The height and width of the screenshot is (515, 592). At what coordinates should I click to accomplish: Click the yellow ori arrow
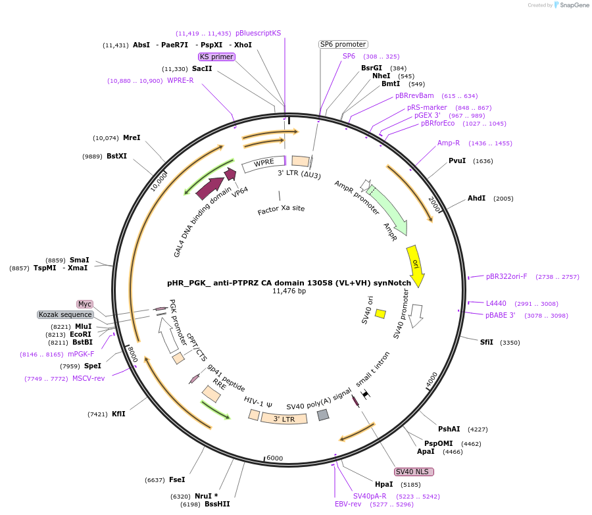416,264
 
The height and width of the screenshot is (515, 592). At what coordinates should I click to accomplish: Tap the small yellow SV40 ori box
380,314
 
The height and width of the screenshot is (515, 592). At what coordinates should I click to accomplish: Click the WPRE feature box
263,164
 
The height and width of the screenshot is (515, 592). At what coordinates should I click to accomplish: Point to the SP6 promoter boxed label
343,44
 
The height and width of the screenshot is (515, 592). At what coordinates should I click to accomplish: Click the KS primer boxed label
216,57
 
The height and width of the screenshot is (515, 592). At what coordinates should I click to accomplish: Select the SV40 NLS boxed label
414,472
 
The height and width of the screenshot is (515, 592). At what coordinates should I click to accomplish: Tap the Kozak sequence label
65,314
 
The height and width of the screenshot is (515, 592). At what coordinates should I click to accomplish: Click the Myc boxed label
84,304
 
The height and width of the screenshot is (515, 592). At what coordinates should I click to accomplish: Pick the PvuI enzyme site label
457,160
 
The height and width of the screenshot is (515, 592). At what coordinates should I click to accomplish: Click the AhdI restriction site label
476,198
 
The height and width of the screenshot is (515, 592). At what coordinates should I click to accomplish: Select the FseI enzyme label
177,479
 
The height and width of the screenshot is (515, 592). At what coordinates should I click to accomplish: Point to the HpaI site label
383,484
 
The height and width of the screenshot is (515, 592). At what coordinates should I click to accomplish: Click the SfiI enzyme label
487,342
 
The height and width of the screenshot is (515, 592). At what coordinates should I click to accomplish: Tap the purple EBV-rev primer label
348,504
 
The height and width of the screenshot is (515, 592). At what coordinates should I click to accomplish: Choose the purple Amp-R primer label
449,143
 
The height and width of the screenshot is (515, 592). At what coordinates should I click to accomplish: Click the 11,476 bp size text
289,291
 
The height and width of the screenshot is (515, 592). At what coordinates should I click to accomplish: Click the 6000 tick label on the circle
274,458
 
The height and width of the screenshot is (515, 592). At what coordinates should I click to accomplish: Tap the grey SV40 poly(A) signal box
323,415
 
